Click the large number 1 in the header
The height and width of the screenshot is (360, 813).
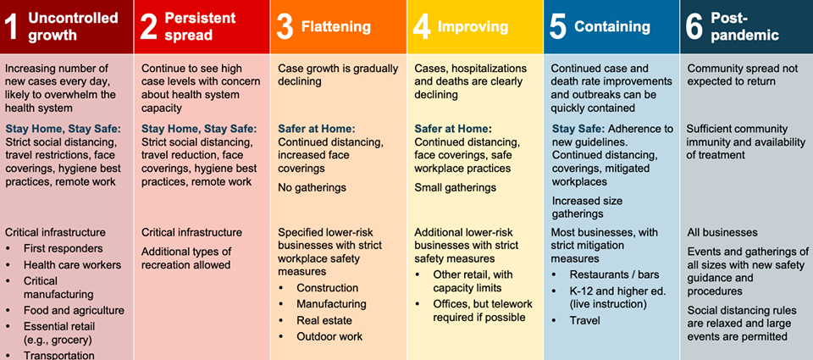pyautogui.click(x=13, y=26)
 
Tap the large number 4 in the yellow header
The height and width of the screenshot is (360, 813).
pyautogui.click(x=422, y=26)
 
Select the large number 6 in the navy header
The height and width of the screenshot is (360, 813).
pyautogui.click(x=694, y=26)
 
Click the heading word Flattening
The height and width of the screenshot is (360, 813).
pyautogui.click(x=336, y=26)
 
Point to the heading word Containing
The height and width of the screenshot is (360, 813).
pyautogui.click(x=611, y=26)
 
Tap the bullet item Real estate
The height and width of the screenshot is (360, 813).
pyautogui.click(x=324, y=320)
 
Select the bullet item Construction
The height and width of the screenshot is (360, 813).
pyautogui.click(x=327, y=288)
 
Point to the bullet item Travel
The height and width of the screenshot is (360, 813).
pyautogui.click(x=585, y=320)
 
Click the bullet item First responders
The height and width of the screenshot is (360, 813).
pyautogui.click(x=64, y=248)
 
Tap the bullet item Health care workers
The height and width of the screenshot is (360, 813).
pyautogui.click(x=73, y=265)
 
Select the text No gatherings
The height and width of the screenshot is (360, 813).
pyautogui.click(x=312, y=187)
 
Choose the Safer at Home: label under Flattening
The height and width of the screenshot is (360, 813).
pyautogui.click(x=317, y=129)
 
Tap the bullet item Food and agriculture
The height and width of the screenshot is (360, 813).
pyautogui.click(x=75, y=311)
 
